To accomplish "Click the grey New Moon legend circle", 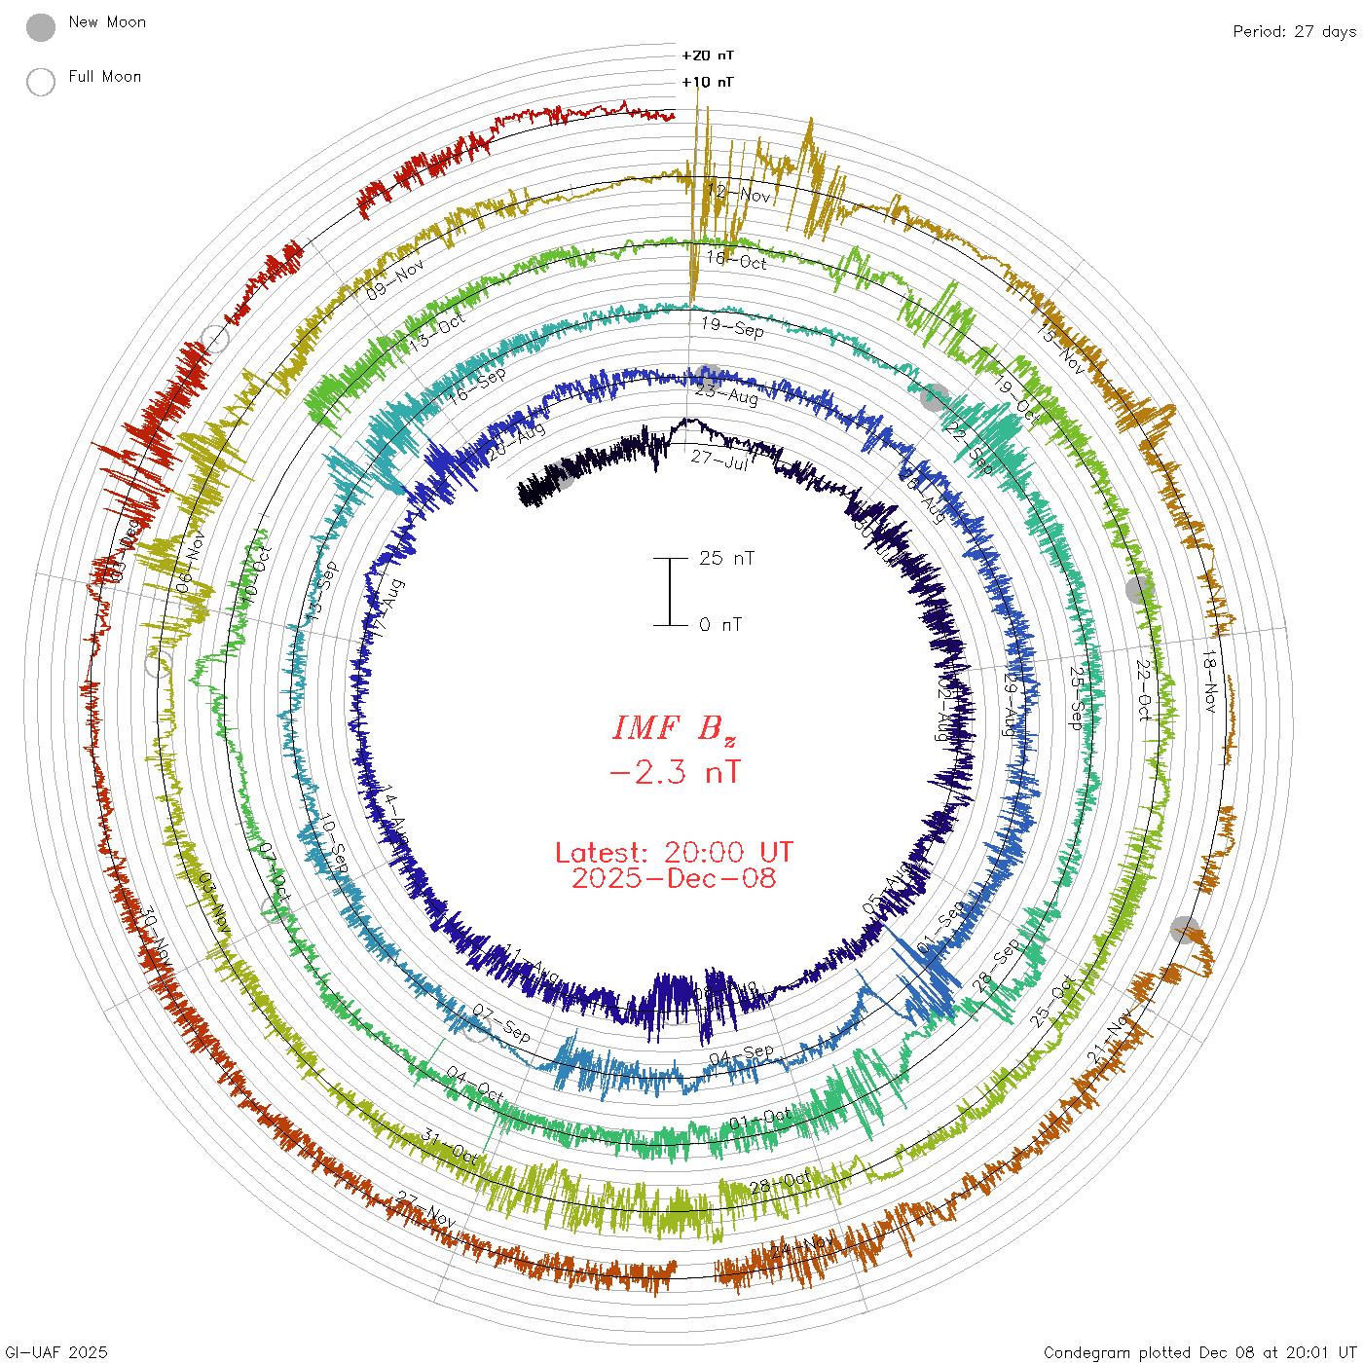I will [x=41, y=27].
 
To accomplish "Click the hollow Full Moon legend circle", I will [x=41, y=82].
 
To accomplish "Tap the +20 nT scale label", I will [x=708, y=55].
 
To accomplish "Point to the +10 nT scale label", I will [x=708, y=82].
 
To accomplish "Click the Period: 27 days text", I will [x=1294, y=31].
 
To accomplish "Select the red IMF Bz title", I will [x=674, y=728].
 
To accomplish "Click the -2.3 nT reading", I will [x=674, y=773].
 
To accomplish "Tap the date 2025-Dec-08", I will [x=674, y=879].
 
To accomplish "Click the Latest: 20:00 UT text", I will [x=674, y=853].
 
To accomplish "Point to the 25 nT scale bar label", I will [x=726, y=559].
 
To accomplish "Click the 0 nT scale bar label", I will [x=720, y=625].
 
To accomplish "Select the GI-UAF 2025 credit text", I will [x=56, y=1352].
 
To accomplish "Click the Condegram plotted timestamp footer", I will [x=1199, y=1352].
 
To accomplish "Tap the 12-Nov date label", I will [x=740, y=193].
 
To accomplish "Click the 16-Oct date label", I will [x=737, y=260].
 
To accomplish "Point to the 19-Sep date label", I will [x=732, y=327].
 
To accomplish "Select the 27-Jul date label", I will [x=719, y=459].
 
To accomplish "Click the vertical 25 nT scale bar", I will [x=670, y=592].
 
